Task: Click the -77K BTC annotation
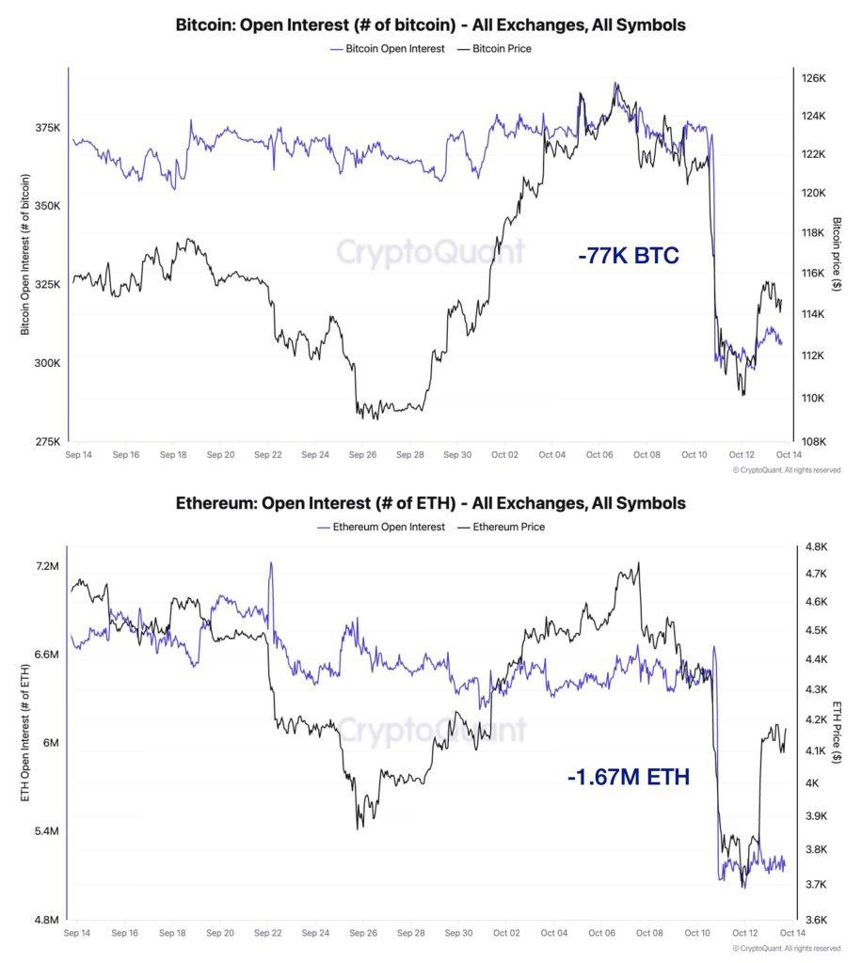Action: click(628, 255)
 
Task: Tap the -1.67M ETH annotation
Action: click(629, 777)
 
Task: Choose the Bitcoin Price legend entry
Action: click(494, 48)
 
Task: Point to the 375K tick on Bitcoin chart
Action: click(46, 127)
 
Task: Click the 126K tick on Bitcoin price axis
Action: click(812, 78)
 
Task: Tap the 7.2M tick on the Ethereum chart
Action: click(47, 566)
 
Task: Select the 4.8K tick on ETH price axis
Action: click(815, 546)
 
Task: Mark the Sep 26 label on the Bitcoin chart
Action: click(362, 455)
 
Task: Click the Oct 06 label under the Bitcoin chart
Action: click(599, 455)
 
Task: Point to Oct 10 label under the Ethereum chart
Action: click(698, 934)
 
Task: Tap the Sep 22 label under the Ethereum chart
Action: click(268, 934)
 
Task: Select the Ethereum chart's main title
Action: click(430, 503)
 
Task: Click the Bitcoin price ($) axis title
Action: click(837, 253)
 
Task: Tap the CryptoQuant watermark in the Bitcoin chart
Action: click(430, 252)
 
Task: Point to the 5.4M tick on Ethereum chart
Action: click(46, 831)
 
